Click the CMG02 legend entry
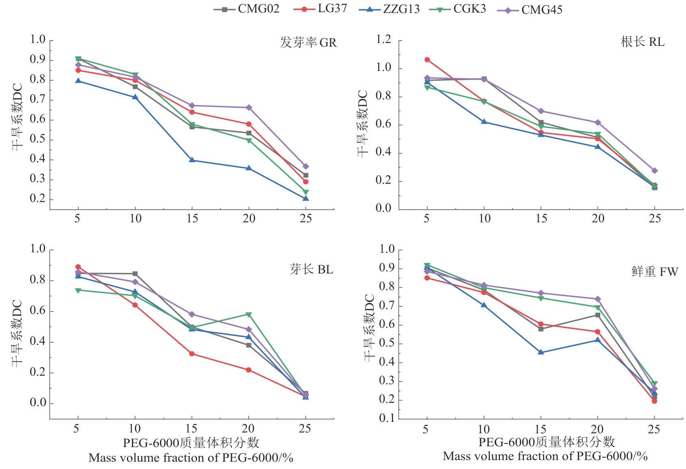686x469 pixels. coord(247,9)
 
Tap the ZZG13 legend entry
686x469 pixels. coord(389,9)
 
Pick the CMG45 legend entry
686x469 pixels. coord(530,10)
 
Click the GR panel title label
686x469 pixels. coord(308,43)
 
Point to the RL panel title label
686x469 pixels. coord(643,42)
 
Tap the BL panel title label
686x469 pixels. coord(311,269)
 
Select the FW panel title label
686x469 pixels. coord(655,271)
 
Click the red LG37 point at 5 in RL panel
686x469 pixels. coord(427,60)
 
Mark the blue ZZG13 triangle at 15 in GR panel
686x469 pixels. coord(192,160)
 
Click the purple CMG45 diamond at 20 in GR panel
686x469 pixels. coord(249,108)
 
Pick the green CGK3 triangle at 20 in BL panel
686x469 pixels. coord(249,315)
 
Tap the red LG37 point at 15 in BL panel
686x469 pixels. coord(192,354)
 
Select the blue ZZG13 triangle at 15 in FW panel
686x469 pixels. coord(541,352)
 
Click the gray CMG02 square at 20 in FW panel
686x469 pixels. coord(597,315)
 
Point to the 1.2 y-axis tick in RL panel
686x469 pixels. coord(383,40)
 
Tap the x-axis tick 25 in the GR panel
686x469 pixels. coord(306,219)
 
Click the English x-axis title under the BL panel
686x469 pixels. coord(191,458)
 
